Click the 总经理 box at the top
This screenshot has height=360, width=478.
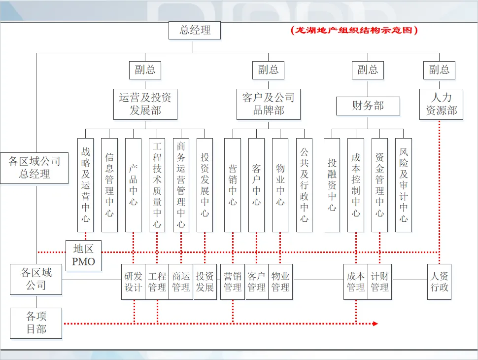tap(195, 30)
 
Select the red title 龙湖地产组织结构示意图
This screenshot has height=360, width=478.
tap(354, 30)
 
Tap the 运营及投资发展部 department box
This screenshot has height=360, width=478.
tap(145, 104)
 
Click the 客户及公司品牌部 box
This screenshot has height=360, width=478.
tap(268, 104)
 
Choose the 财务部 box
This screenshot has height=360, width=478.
tap(368, 106)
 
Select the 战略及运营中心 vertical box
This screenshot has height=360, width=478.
tap(85, 184)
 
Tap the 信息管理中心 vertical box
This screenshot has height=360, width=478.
tap(109, 184)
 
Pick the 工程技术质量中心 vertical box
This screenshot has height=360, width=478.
tap(157, 184)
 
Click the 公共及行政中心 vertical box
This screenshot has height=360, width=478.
tap(304, 184)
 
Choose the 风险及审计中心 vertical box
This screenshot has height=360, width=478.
tap(404, 184)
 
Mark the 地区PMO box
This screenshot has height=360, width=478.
tap(84, 255)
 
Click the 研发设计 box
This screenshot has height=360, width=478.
tap(133, 282)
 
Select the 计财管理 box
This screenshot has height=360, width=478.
tap(379, 282)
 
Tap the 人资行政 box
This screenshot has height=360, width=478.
tap(440, 282)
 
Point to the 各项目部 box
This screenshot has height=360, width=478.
tap(36, 323)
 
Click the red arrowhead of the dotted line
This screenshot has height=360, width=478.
tap(375, 324)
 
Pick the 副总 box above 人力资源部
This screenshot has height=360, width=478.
tap(440, 70)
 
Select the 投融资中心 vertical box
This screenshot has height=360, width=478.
tap(332, 184)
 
